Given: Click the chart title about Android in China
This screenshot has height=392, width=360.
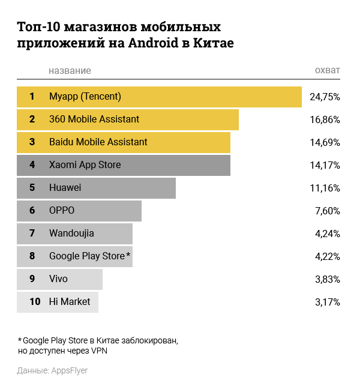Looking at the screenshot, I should (125, 35).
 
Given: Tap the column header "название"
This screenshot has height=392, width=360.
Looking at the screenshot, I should (70, 71).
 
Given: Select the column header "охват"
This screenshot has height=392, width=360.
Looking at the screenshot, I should (327, 71).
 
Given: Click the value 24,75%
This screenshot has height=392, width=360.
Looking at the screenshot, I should (325, 97).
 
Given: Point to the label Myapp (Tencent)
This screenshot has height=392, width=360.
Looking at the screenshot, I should (85, 96).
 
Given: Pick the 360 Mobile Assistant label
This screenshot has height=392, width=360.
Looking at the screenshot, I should (94, 119).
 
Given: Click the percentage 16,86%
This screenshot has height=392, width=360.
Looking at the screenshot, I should (325, 119).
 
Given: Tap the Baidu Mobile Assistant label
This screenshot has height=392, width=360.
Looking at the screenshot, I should (98, 142).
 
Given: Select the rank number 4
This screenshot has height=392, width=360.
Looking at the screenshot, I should (32, 165).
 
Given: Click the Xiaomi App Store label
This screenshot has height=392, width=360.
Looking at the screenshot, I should (85, 165).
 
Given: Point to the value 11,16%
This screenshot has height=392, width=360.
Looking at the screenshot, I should (325, 188).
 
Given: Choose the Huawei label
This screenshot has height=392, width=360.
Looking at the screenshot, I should (65, 188).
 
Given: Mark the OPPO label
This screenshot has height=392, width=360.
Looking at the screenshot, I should (62, 211).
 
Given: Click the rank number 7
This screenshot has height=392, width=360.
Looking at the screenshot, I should (32, 234).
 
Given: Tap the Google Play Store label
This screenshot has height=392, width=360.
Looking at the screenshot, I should (88, 256).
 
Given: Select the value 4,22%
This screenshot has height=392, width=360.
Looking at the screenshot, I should (327, 256).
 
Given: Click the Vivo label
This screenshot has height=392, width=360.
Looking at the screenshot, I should (58, 279).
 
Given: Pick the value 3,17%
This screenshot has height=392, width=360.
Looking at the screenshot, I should (327, 302).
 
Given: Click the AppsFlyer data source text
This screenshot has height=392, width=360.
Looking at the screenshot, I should (53, 370).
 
